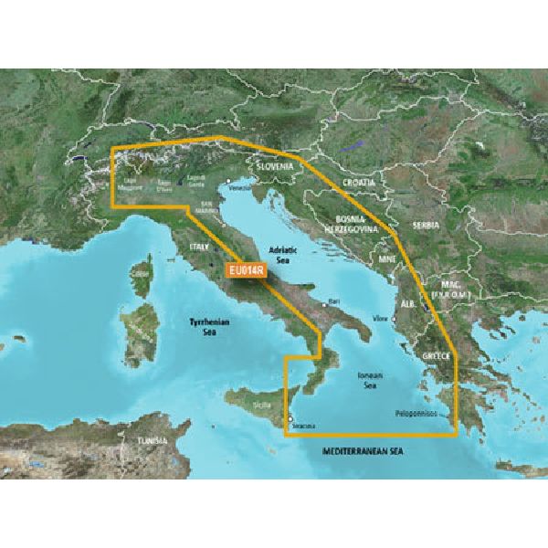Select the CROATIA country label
point(359,184)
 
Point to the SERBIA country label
point(426,225)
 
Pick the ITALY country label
point(199,247)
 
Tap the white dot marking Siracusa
point(291,420)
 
